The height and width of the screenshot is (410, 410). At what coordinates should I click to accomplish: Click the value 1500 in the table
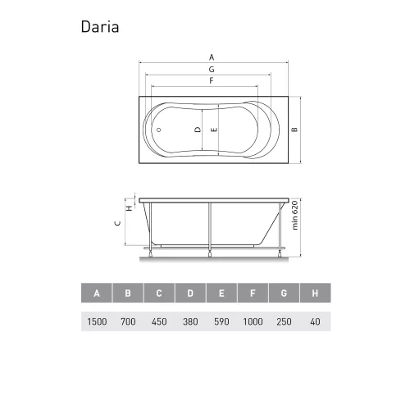(97, 321)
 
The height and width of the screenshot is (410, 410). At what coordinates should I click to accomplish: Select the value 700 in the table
(128, 321)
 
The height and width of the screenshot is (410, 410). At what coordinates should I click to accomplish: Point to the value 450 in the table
(159, 321)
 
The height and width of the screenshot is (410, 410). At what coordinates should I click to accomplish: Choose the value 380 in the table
(190, 321)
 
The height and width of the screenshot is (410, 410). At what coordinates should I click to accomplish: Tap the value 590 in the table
(221, 321)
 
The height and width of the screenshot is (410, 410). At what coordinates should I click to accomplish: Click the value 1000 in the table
(253, 321)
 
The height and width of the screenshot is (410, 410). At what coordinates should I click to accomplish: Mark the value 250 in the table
(284, 321)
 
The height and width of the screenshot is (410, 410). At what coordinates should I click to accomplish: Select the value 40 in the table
(315, 321)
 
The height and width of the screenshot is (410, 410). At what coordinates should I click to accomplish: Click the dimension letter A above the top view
(212, 57)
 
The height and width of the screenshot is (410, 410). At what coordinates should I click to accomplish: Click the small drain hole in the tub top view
(159, 130)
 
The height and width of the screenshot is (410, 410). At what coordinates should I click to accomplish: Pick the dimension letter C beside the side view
(118, 222)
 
